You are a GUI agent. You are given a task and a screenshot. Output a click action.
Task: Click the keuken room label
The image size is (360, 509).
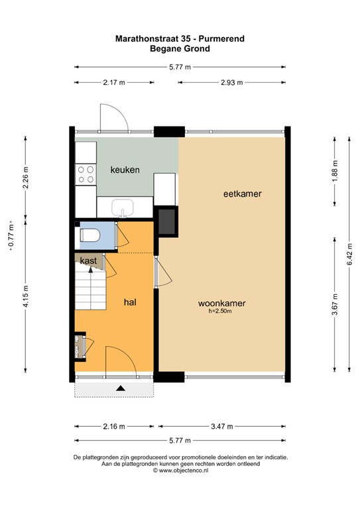click(x=125, y=170)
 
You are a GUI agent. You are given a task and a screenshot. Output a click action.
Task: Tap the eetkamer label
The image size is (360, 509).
click(x=243, y=194)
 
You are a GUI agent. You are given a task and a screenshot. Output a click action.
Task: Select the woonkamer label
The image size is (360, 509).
click(x=221, y=303)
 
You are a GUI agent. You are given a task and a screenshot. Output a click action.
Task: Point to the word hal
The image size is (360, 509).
click(x=130, y=302)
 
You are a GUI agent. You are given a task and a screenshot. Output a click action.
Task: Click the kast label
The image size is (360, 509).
click(x=88, y=260)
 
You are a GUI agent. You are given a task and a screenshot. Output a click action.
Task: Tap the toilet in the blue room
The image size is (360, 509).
click(x=90, y=235)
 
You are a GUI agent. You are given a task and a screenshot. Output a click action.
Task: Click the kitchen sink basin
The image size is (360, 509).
click(x=123, y=207)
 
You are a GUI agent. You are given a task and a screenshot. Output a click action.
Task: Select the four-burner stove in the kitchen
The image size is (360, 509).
click(x=86, y=174)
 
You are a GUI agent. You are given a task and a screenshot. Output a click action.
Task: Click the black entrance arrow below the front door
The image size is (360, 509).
click(x=121, y=388)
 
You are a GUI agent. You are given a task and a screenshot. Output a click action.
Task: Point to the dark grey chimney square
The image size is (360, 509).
click(x=168, y=222)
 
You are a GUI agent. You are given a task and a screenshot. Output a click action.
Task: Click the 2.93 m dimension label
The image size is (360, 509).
click(x=232, y=82)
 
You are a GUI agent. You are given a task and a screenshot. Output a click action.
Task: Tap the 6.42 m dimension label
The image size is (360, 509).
click(x=349, y=254)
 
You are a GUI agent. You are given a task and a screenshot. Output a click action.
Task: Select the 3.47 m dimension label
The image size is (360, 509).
click(x=221, y=426)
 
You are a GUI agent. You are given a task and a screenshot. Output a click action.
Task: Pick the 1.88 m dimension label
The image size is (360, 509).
click(x=335, y=171)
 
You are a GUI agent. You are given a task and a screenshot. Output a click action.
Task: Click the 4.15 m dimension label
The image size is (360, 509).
click(x=26, y=296)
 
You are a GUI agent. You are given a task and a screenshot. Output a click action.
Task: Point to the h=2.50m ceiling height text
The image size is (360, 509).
click(x=220, y=311)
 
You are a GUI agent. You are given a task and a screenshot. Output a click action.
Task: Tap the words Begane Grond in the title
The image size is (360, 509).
click(x=180, y=48)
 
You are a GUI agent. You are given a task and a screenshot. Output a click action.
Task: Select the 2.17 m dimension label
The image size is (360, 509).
click(x=114, y=82)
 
